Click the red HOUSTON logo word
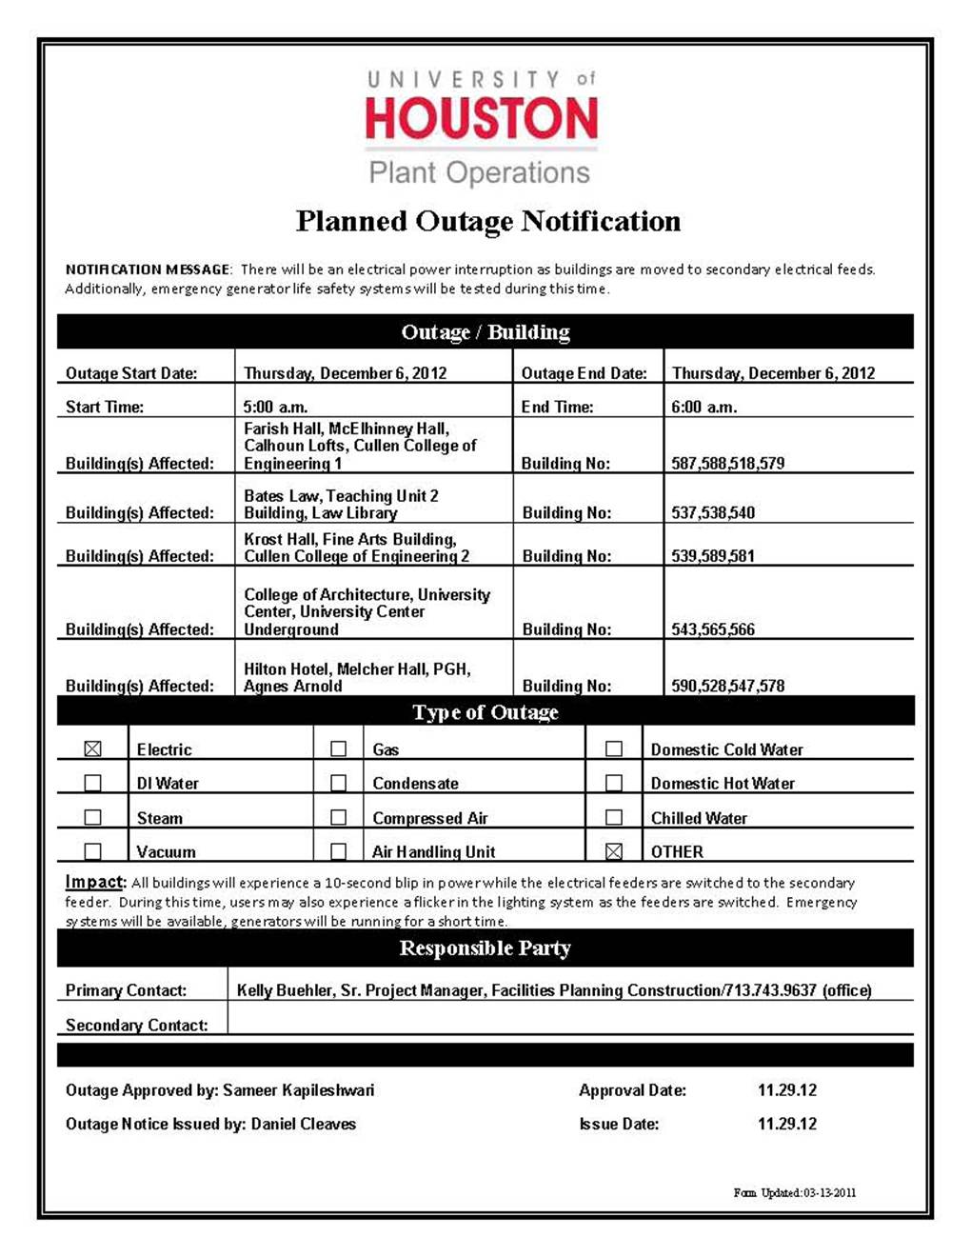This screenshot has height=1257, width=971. (x=481, y=118)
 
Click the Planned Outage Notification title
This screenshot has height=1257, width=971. (x=487, y=221)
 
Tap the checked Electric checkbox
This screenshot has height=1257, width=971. (x=92, y=748)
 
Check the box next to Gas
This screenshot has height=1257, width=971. (x=338, y=748)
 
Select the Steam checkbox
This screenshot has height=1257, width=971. (x=92, y=817)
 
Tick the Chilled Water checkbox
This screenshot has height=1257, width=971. (x=614, y=817)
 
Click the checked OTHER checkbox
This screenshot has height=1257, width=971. (x=614, y=850)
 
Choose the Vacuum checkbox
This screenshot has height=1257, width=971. (x=92, y=850)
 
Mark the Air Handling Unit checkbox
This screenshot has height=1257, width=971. (x=338, y=850)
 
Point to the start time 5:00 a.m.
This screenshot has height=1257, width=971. (x=275, y=407)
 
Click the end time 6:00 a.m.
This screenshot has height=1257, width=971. (x=703, y=407)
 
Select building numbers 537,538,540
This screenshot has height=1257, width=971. (x=713, y=512)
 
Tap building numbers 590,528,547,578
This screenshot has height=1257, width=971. (x=727, y=686)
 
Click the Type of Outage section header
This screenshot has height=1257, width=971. (x=485, y=712)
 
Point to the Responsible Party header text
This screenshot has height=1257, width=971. (x=485, y=948)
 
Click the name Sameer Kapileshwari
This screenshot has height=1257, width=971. (x=298, y=1090)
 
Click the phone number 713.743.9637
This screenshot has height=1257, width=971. (x=771, y=990)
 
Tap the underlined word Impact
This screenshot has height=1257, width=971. (x=94, y=882)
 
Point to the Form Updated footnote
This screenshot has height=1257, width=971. (x=794, y=1192)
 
